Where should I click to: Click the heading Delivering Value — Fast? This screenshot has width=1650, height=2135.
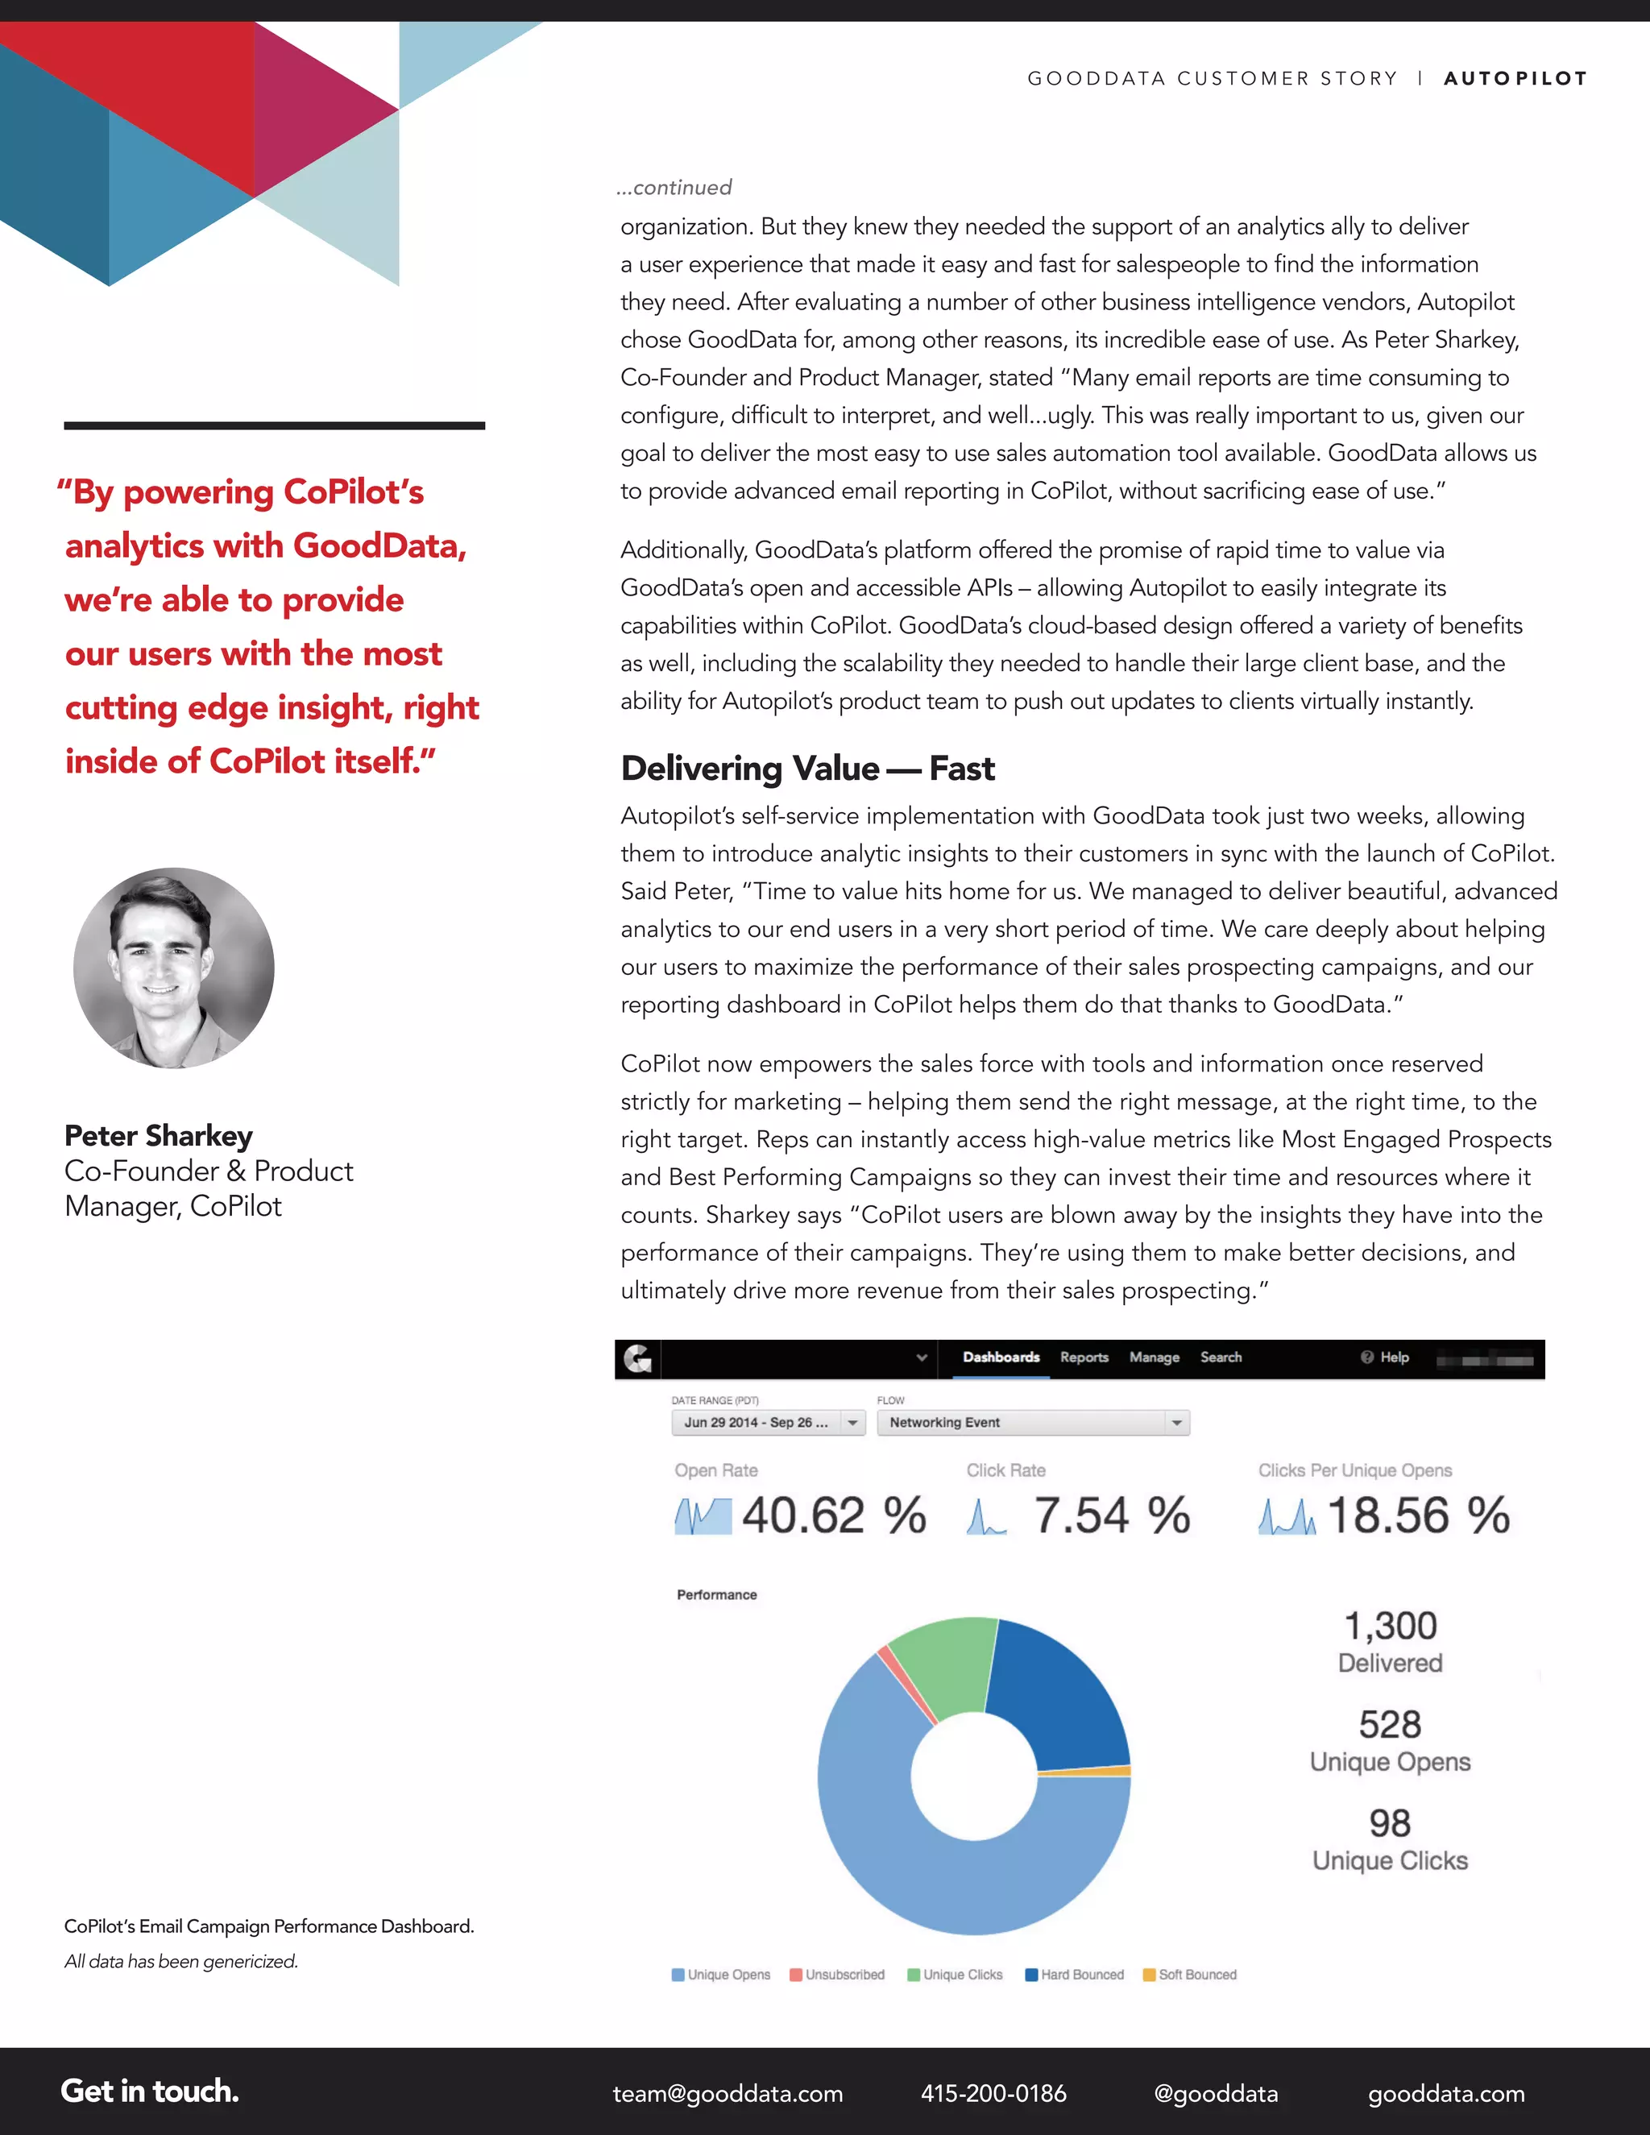coord(807,769)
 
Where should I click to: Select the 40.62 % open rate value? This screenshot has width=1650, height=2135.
coord(833,1516)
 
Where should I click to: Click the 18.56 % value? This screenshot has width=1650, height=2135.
coord(1417,1516)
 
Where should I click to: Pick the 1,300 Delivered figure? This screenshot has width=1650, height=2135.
coord(1390,1627)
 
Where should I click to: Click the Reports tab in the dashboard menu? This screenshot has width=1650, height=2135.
coord(1084,1358)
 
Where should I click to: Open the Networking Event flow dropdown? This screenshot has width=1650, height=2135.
coord(1033,1422)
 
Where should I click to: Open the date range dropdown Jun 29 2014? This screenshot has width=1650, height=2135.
coord(767,1422)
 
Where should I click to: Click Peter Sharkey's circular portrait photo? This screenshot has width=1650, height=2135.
coord(174,968)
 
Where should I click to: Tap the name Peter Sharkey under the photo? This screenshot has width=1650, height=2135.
coord(159,1136)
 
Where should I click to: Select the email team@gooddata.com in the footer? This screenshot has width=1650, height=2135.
coord(728,2093)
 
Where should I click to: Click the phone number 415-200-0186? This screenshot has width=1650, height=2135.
coord(993,2093)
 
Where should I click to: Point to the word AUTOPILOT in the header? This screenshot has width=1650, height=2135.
coord(1515,78)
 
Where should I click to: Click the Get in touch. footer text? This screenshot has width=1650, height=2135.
coord(150,2091)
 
